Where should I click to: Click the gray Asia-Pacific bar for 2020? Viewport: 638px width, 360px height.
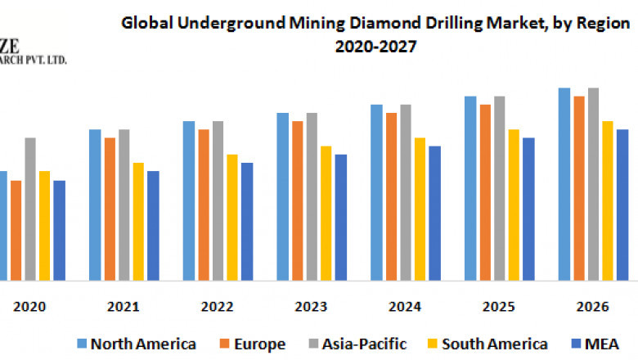(x=30, y=209)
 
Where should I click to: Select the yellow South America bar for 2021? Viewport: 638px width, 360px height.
(x=139, y=221)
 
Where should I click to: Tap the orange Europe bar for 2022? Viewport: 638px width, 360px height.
(x=204, y=205)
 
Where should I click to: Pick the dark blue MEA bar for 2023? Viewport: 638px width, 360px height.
(x=341, y=217)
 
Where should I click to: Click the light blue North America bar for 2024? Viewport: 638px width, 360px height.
(x=376, y=192)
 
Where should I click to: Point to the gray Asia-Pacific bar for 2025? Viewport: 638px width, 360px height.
(x=500, y=188)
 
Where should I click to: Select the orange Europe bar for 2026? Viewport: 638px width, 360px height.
(x=579, y=188)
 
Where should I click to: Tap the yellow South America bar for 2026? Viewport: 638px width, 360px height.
(x=608, y=200)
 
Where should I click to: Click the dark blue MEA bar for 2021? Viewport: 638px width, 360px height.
(x=153, y=225)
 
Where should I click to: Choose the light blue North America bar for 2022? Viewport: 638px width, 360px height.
(x=189, y=200)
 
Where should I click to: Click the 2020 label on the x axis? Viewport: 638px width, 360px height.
(x=29, y=307)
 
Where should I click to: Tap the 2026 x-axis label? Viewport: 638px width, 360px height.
(x=592, y=307)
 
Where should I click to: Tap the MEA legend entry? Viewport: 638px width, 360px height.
(x=604, y=344)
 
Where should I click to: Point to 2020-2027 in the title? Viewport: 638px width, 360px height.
(x=376, y=47)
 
